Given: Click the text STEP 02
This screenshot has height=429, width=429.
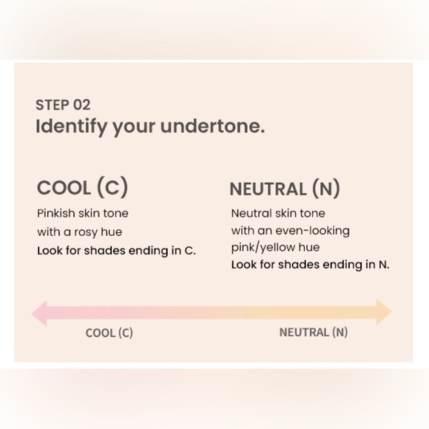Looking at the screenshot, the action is [x=63, y=105].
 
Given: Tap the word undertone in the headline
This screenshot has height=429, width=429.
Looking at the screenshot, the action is [x=212, y=126].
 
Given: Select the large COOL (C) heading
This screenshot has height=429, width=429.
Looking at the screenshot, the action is [x=82, y=187].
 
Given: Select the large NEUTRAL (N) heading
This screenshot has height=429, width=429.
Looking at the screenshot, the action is [x=285, y=189].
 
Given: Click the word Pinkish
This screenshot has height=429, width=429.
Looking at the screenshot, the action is [x=55, y=214].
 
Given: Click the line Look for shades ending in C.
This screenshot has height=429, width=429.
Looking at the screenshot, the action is [x=117, y=251].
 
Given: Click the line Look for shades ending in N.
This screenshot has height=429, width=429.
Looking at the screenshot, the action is [x=310, y=265].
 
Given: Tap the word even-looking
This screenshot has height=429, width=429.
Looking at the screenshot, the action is [x=312, y=231].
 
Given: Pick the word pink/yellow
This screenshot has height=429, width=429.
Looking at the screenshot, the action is [x=263, y=248].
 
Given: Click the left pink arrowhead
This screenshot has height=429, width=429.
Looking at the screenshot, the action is [x=39, y=314].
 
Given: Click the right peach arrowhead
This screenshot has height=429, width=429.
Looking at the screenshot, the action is [x=384, y=312].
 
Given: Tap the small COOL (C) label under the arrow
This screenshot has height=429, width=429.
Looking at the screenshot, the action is [x=109, y=333].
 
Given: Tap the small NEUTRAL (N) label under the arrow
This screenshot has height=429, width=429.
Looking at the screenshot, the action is [x=314, y=332].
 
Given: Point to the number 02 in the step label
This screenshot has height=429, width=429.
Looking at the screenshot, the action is [x=82, y=105].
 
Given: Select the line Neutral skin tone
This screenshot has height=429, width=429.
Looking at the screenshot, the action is [x=278, y=214].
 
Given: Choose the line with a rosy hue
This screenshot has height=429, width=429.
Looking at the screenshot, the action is [x=80, y=232].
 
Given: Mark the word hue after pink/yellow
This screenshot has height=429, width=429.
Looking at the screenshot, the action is [x=309, y=247].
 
